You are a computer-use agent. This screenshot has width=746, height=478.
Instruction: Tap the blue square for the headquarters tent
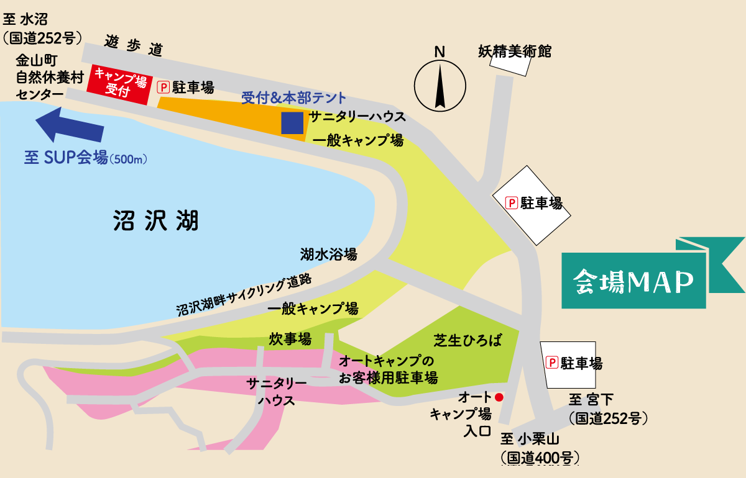coord(292,123)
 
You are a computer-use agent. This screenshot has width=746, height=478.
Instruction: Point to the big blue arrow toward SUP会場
coord(69,124)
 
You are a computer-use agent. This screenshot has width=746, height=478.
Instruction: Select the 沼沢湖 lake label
coord(156,220)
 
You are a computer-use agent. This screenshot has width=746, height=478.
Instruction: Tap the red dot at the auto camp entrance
coord(499,396)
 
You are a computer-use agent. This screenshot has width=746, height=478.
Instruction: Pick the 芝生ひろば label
coord(467,340)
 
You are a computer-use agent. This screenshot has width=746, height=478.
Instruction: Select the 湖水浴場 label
coord(328,254)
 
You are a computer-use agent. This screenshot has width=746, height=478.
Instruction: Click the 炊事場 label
coord(290,339)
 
